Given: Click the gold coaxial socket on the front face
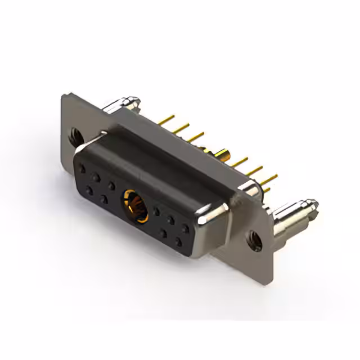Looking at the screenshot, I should point(136,204).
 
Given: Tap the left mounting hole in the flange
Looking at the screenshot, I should point(75,136).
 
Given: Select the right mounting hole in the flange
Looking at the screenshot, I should point(255,238).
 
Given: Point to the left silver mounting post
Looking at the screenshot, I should point(124,103).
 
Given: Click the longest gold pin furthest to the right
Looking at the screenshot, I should point(269,181).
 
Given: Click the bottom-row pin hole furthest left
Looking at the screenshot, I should point(90,190).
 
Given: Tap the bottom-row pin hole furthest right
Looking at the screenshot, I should point(178,242).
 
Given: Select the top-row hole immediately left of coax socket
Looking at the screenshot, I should point(112,185).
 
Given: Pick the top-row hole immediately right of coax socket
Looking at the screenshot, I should point(157,212).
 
